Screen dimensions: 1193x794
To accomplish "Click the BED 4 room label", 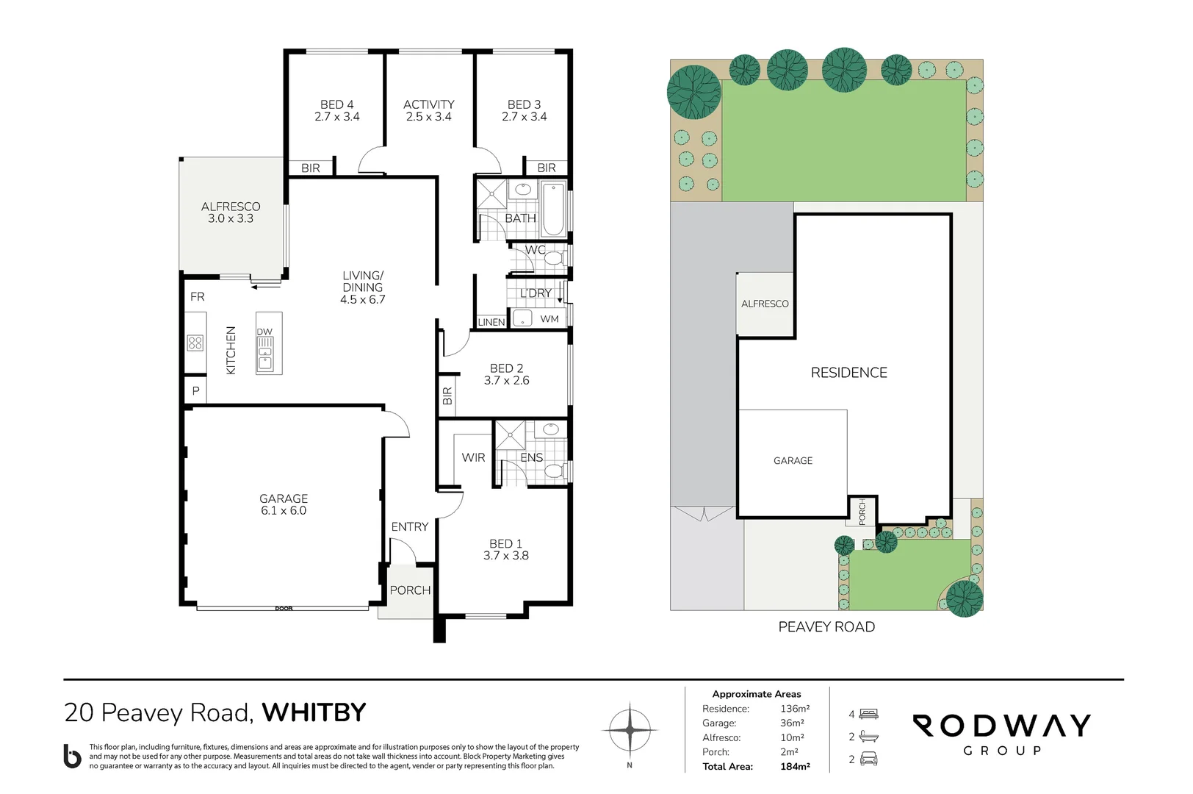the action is (x=336, y=104).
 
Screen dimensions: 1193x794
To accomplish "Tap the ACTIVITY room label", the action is (x=429, y=104).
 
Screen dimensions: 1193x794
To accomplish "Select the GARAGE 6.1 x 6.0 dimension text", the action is (x=284, y=510).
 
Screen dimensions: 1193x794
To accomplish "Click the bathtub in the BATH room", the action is (x=553, y=209).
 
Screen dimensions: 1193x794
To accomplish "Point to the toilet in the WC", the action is (x=555, y=259).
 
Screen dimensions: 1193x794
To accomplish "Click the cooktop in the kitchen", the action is (x=195, y=343).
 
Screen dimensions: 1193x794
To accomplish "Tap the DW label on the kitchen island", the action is (x=264, y=332).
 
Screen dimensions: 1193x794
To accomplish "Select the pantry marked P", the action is (x=195, y=390).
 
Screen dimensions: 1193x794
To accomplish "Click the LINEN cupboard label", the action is (x=491, y=322).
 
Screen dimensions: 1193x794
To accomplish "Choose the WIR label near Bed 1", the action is (x=473, y=457).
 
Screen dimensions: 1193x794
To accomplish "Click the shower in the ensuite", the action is (x=511, y=434).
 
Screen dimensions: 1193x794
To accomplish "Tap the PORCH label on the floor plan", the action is (x=410, y=590).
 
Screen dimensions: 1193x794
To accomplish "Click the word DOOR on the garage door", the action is (x=284, y=609).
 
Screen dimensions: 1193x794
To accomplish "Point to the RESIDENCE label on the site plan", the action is (x=849, y=373).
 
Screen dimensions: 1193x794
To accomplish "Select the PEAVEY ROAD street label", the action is (x=826, y=626).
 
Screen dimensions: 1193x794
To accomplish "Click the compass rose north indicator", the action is (x=630, y=731).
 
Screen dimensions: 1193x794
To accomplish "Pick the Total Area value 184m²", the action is (x=795, y=766).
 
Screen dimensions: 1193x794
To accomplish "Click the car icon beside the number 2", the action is (x=868, y=759).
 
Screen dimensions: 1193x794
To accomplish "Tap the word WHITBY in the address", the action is (x=314, y=712).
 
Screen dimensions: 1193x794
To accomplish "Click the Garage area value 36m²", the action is (x=792, y=723).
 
